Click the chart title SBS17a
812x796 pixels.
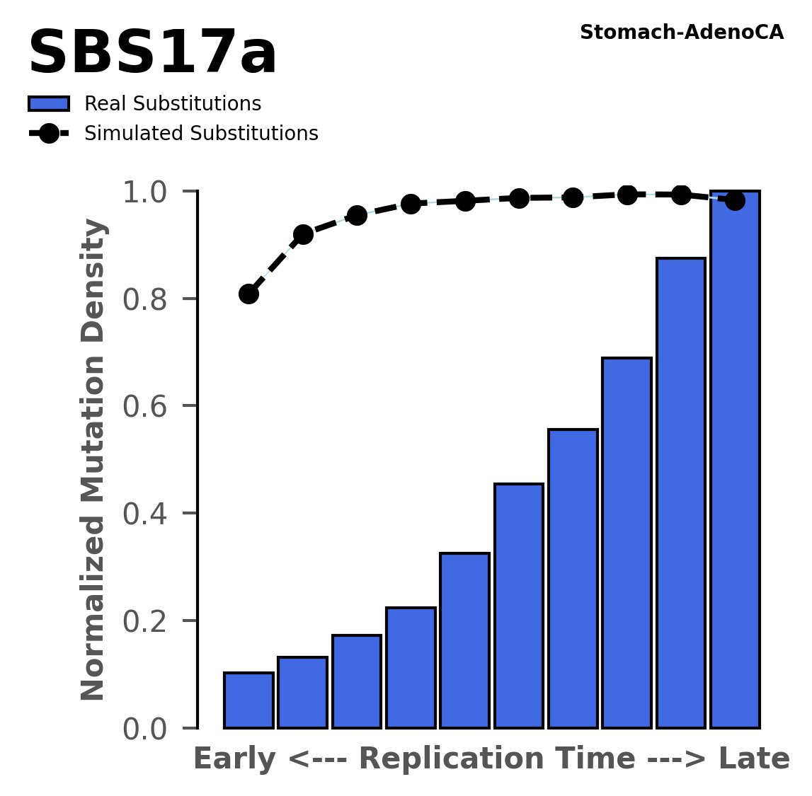click(152, 54)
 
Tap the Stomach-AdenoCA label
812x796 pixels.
click(681, 33)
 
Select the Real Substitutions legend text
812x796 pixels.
click(173, 104)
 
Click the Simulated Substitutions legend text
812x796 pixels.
click(201, 134)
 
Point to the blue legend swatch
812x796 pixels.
click(49, 104)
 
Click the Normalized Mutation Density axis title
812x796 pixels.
click(93, 460)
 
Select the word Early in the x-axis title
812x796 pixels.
click(234, 759)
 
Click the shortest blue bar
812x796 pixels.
click(248, 700)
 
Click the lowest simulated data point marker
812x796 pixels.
click(248, 294)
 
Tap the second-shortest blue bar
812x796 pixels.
click(302, 693)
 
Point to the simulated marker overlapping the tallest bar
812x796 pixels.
click(735, 201)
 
